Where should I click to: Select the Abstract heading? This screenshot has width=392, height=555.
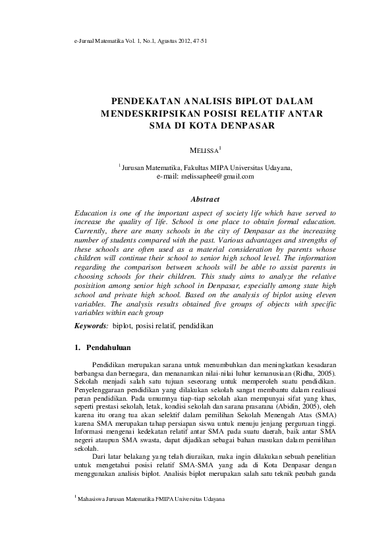coord(205,199)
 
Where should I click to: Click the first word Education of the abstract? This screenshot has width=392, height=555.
coord(92,214)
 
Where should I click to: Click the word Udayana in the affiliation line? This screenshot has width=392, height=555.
coord(278,168)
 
